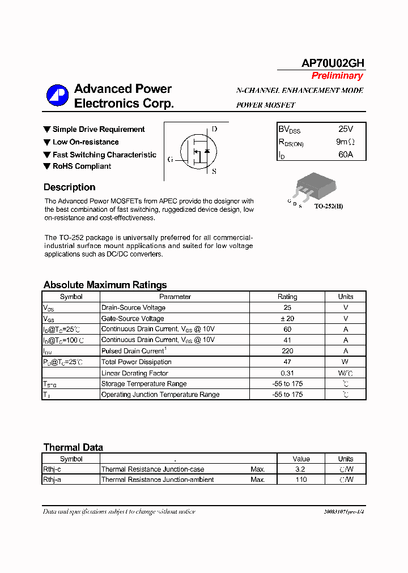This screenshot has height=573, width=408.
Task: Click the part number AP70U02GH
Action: (x=333, y=63)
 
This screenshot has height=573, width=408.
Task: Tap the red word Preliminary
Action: (x=337, y=76)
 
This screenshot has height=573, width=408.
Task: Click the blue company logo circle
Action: (x=57, y=96)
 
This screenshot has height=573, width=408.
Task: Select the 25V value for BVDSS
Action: (x=346, y=129)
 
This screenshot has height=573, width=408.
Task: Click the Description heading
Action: (x=69, y=187)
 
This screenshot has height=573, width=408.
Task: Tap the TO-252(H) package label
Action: (x=329, y=206)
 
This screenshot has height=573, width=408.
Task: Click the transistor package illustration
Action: (x=314, y=185)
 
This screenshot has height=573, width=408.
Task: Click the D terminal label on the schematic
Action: (x=214, y=129)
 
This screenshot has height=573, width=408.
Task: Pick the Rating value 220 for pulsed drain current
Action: (x=287, y=351)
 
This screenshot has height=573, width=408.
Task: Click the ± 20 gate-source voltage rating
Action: (x=287, y=319)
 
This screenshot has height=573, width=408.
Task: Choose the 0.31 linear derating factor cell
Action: (x=287, y=373)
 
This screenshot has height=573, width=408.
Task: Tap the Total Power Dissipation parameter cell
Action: (x=136, y=362)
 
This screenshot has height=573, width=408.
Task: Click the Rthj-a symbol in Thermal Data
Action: (x=52, y=480)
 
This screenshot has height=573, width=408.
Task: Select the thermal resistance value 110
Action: (x=301, y=480)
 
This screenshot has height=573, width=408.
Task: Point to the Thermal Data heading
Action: (x=73, y=447)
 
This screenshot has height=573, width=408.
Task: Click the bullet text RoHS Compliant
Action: (x=82, y=166)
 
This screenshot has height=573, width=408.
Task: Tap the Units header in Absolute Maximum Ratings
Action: (x=346, y=297)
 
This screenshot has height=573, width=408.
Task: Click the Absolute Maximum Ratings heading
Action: (x=105, y=285)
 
